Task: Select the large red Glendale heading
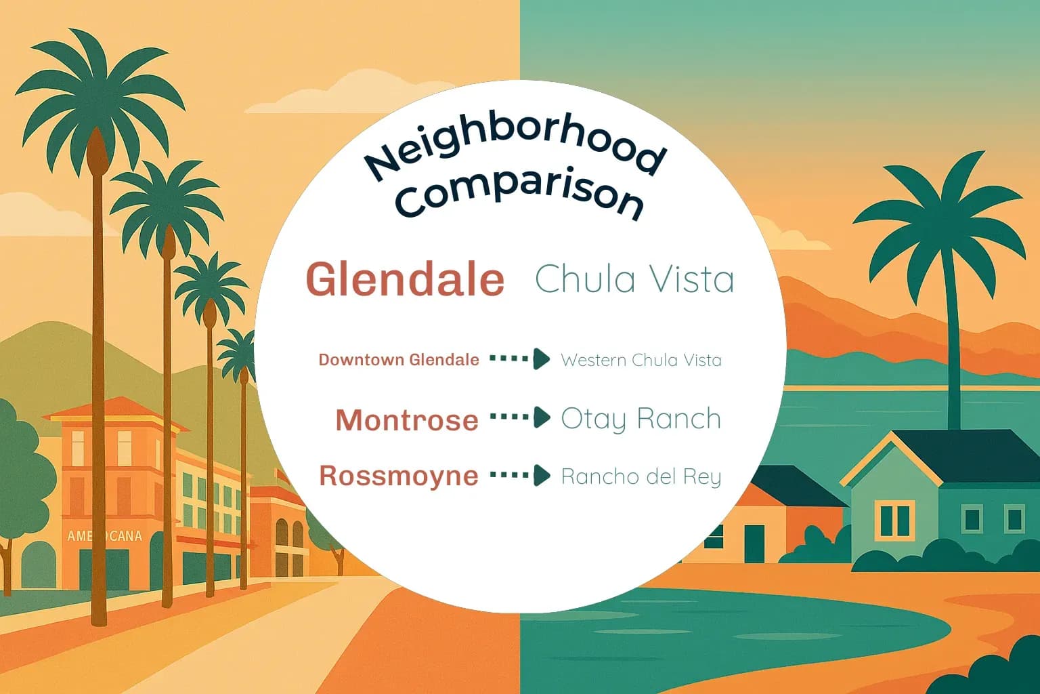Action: [x=406, y=279]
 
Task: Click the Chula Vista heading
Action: [x=634, y=279]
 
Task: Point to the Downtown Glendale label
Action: [x=399, y=360]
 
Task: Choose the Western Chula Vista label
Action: [x=641, y=360]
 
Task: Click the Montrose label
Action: [x=407, y=420]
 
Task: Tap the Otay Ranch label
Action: [x=641, y=420]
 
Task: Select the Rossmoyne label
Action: [x=399, y=476]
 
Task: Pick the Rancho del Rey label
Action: [x=641, y=476]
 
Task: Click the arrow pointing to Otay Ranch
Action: [x=520, y=417]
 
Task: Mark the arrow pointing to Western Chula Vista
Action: [x=520, y=359]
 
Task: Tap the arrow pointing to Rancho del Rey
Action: [x=520, y=475]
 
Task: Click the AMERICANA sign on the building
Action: [x=104, y=536]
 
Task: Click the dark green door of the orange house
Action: [x=754, y=543]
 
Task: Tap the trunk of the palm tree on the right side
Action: [x=953, y=339]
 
